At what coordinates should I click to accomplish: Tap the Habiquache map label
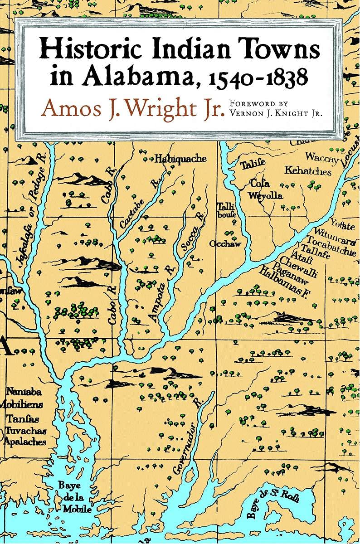tap(180, 159)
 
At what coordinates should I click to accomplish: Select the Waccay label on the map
tap(321, 157)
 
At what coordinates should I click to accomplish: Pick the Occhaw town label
tap(225, 244)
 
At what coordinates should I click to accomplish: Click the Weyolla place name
tap(265, 196)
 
